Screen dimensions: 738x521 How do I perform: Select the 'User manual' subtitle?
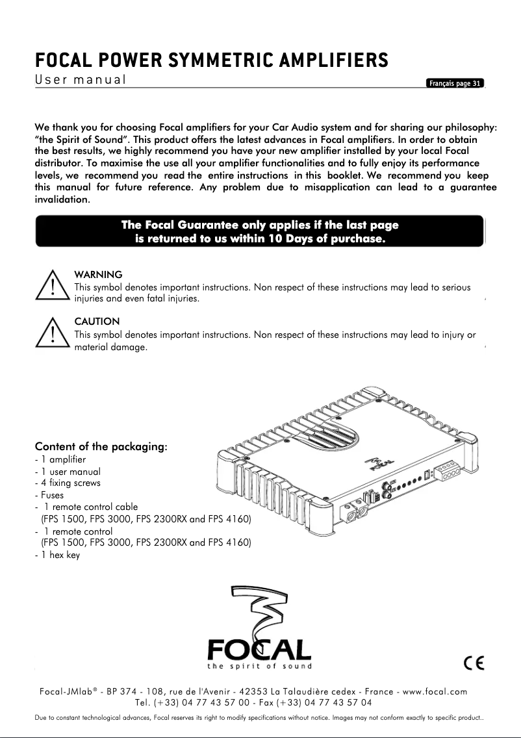click(x=80, y=81)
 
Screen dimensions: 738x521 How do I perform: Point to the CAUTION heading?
click(x=97, y=322)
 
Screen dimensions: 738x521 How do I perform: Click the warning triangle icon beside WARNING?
click(x=51, y=288)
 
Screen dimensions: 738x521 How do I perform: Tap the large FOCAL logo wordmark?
click(x=259, y=649)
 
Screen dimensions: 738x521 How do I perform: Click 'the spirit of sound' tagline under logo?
click(x=259, y=666)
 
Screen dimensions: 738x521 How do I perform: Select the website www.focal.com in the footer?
click(x=435, y=692)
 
